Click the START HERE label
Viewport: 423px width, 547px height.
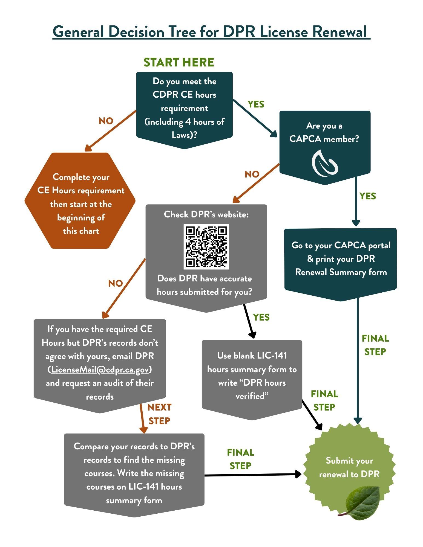pyautogui.click(x=179, y=62)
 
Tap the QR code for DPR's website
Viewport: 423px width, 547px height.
pyautogui.click(x=206, y=246)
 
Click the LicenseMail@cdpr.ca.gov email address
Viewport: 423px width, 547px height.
pyautogui.click(x=100, y=369)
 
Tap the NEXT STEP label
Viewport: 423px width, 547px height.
pyautogui.click(x=159, y=414)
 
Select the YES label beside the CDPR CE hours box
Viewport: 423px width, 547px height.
pyautogui.click(x=256, y=104)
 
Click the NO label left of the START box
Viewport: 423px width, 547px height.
pyautogui.click(x=106, y=121)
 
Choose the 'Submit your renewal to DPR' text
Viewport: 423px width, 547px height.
pyautogui.click(x=349, y=467)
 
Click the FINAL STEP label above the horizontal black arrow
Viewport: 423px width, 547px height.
pyautogui.click(x=241, y=459)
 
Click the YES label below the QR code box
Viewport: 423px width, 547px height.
pyautogui.click(x=261, y=317)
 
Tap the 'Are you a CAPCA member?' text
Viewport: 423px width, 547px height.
pyautogui.click(x=324, y=132)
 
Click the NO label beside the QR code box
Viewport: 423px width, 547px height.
pyautogui.click(x=115, y=283)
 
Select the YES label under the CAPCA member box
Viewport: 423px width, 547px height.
pyautogui.click(x=367, y=196)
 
